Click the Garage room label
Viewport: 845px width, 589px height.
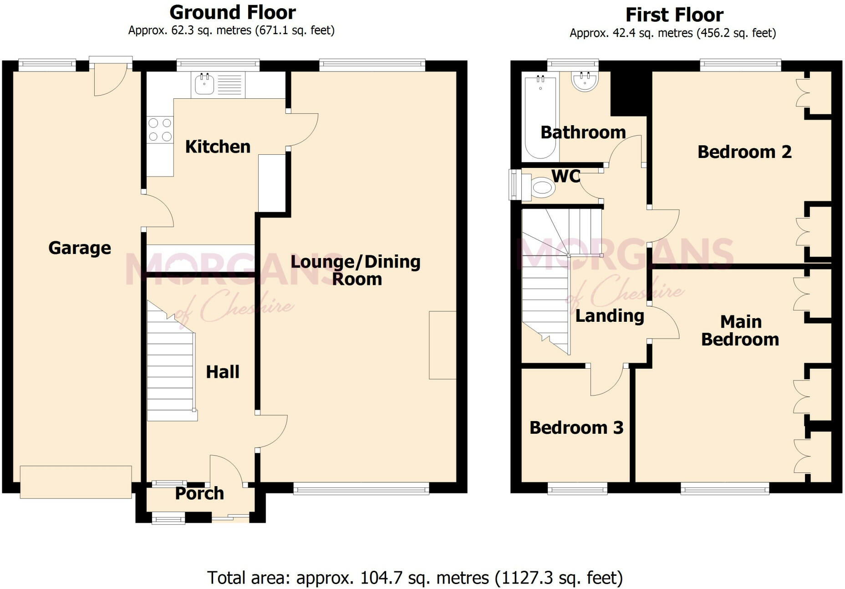[80, 248]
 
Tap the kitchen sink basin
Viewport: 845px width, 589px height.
[204, 84]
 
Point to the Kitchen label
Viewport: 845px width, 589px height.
[218, 147]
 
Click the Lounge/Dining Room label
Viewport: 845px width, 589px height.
[356, 270]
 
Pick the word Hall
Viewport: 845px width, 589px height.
[223, 372]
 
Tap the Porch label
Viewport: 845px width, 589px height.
[199, 493]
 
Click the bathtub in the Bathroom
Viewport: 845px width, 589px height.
[540, 117]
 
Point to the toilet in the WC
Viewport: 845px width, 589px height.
[538, 187]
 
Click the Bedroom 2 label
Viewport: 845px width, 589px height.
[744, 152]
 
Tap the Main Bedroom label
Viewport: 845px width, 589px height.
[740, 330]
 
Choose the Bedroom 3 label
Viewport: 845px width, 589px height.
[576, 428]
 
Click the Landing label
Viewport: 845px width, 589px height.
[610, 316]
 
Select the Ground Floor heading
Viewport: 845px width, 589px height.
[233, 12]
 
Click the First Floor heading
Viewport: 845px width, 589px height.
[674, 15]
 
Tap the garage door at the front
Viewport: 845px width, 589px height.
[76, 482]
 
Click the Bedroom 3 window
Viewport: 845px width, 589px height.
[577, 490]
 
